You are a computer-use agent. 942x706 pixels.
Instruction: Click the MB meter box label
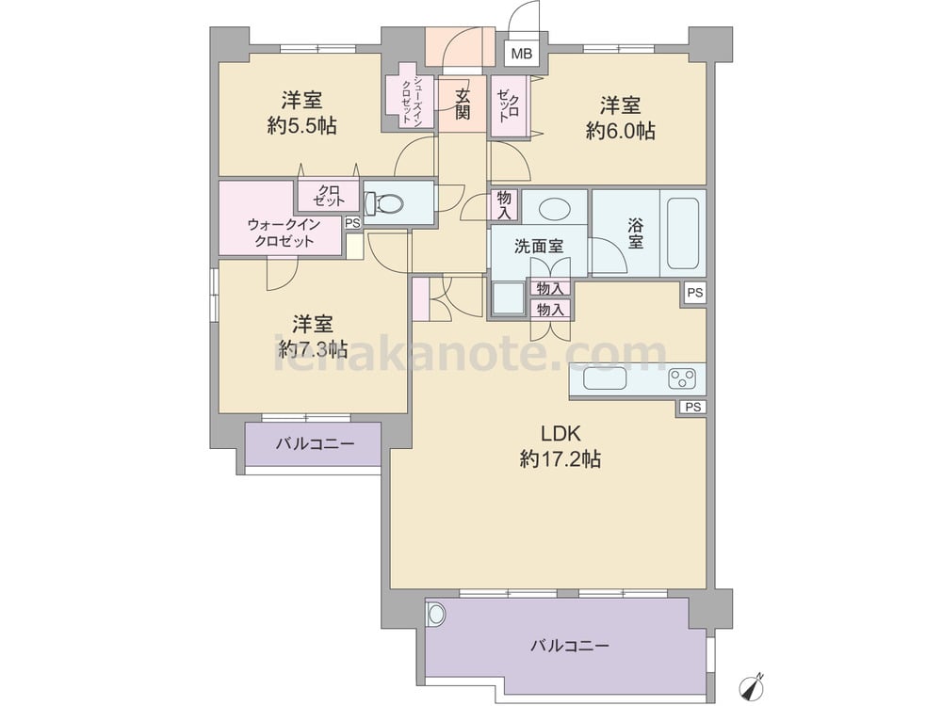[x=522, y=54]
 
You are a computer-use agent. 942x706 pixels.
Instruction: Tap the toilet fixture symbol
[x=384, y=203]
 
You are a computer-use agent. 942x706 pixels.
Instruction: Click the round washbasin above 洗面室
[x=553, y=208]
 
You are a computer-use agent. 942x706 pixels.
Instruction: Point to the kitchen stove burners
[x=682, y=378]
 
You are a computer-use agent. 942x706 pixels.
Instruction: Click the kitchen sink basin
[x=605, y=379]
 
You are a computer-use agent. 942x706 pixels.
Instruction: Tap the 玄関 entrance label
[x=462, y=104]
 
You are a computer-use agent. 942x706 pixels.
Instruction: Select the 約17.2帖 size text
[x=560, y=459]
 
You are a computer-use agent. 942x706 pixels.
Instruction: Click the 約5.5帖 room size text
[x=302, y=125]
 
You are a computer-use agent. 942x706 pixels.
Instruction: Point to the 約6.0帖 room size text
[x=620, y=131]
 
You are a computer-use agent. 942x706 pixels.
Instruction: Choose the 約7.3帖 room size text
[x=313, y=349]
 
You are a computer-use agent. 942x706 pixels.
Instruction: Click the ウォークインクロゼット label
[x=284, y=233]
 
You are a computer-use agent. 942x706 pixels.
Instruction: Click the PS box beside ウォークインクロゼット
[x=353, y=223]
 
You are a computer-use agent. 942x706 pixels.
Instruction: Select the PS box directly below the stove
[x=692, y=407]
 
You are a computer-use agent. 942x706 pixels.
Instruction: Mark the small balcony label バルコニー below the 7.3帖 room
[x=316, y=444]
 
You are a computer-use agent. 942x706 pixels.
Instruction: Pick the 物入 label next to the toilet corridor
[x=504, y=205]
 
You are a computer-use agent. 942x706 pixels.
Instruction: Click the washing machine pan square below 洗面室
[x=509, y=298]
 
